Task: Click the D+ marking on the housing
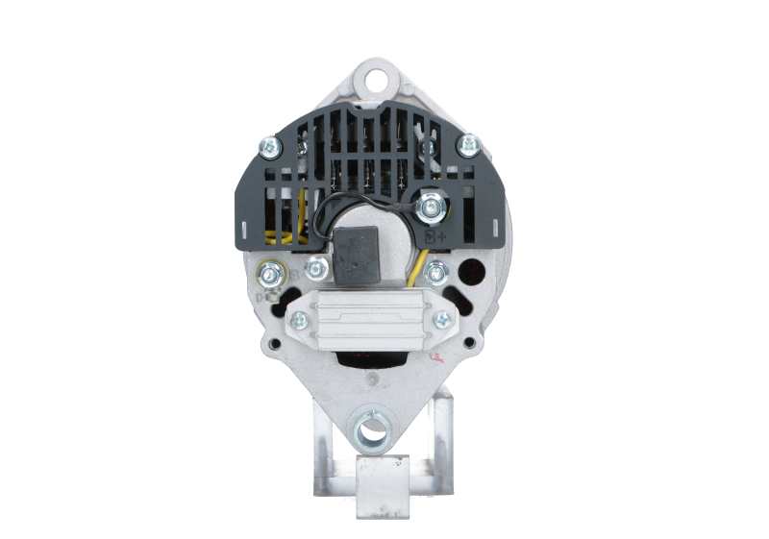(x=260, y=298)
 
